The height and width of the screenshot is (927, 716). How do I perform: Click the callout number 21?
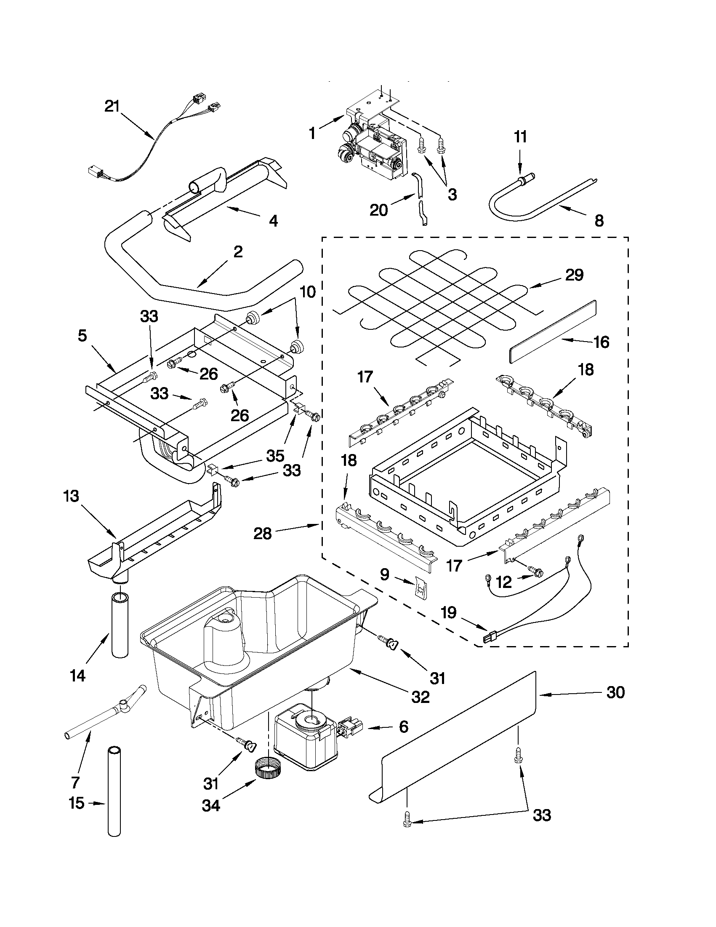113,106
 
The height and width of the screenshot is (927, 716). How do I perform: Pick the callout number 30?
615,692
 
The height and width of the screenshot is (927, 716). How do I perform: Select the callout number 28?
262,533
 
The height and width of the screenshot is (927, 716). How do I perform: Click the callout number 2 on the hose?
238,252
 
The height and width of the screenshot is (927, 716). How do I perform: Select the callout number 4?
274,220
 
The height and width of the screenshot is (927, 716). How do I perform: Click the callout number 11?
520,137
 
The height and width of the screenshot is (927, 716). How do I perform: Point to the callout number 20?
378,210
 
